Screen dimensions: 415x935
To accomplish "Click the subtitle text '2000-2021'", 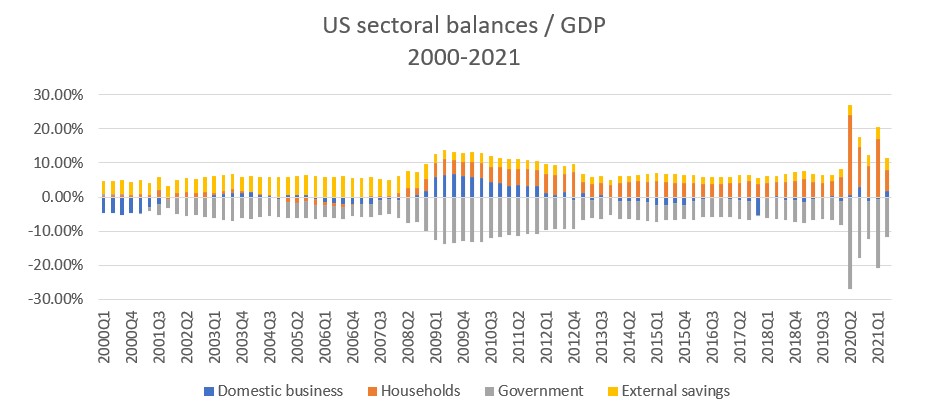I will [467, 57].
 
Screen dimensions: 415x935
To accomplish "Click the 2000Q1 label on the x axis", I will [104, 336].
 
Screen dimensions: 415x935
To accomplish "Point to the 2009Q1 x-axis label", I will [436, 336].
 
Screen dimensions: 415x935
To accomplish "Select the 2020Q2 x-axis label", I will [850, 336].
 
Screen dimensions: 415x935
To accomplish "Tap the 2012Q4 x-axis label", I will [574, 336].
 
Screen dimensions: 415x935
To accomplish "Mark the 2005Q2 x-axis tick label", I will [298, 336].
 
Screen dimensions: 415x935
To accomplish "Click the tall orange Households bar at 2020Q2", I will [850, 150].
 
